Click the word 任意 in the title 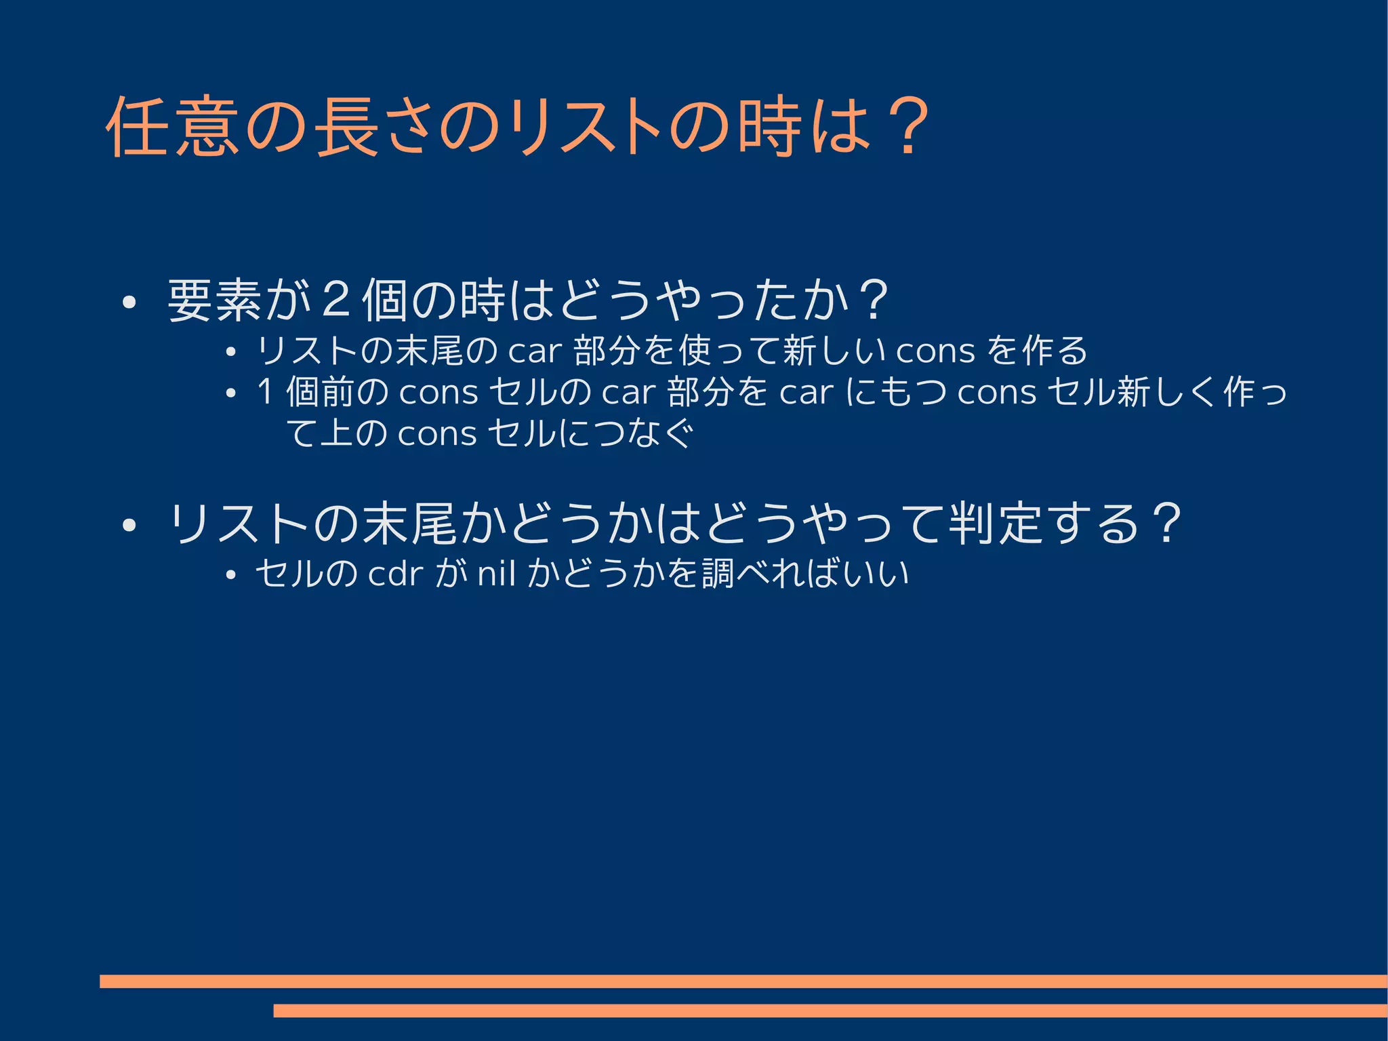click(173, 127)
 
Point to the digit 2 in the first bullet click(336, 300)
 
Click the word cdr click(395, 574)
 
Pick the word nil click(497, 574)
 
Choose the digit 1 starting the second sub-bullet click(265, 392)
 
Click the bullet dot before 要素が click(129, 302)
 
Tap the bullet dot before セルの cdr click(230, 576)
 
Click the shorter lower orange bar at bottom click(830, 1010)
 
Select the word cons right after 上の click(437, 435)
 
